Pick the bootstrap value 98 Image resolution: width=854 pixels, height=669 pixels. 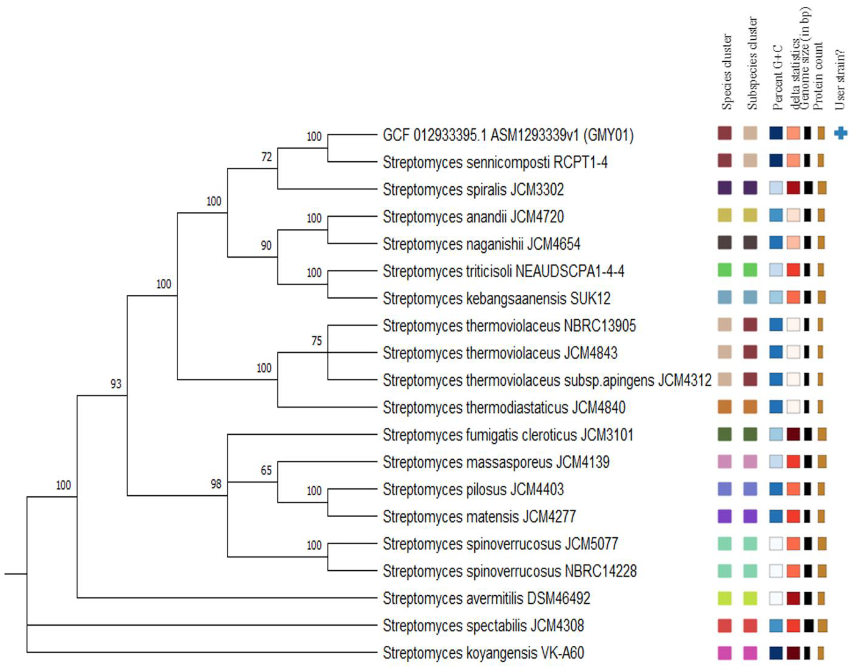click(x=216, y=484)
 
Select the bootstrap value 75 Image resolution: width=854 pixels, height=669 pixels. click(x=317, y=341)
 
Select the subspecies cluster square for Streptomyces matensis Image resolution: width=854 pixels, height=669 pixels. click(x=750, y=516)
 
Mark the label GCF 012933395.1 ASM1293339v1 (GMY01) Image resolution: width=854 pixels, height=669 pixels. click(x=508, y=135)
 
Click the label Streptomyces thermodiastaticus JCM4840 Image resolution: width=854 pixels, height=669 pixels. click(x=504, y=407)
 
